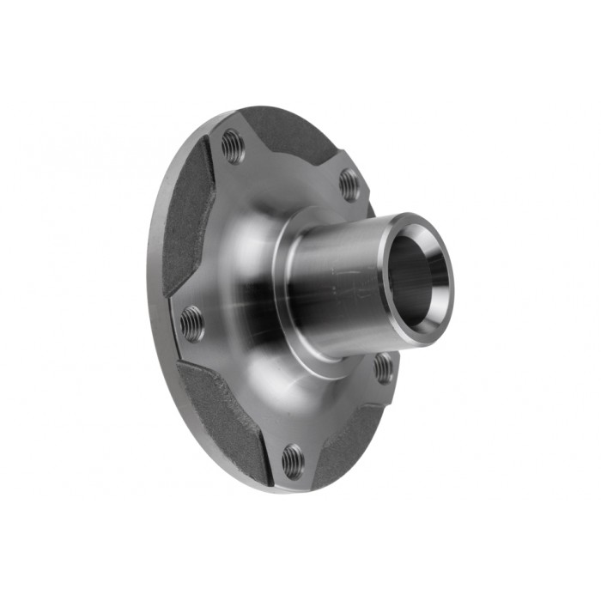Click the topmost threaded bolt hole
tap(233, 146)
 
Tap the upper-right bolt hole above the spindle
tap(349, 184)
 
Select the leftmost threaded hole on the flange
tap(192, 324)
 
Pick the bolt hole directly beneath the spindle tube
tap(383, 368)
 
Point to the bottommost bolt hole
tap(292, 460)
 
